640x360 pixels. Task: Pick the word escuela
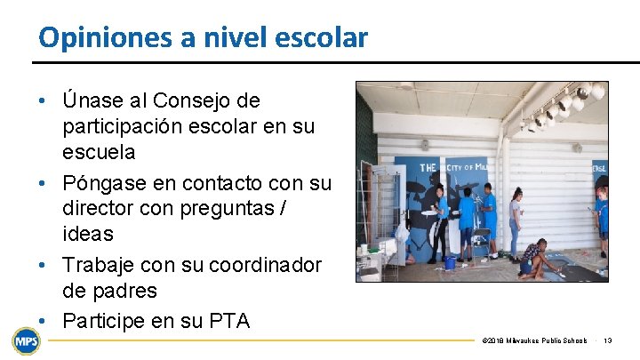(99, 152)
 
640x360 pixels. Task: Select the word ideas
(88, 234)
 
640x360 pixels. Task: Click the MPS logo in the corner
(25, 340)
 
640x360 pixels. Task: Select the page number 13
(607, 340)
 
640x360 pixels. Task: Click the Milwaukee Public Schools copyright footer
(533, 340)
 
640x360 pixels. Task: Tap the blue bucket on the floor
(451, 263)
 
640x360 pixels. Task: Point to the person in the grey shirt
(516, 222)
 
